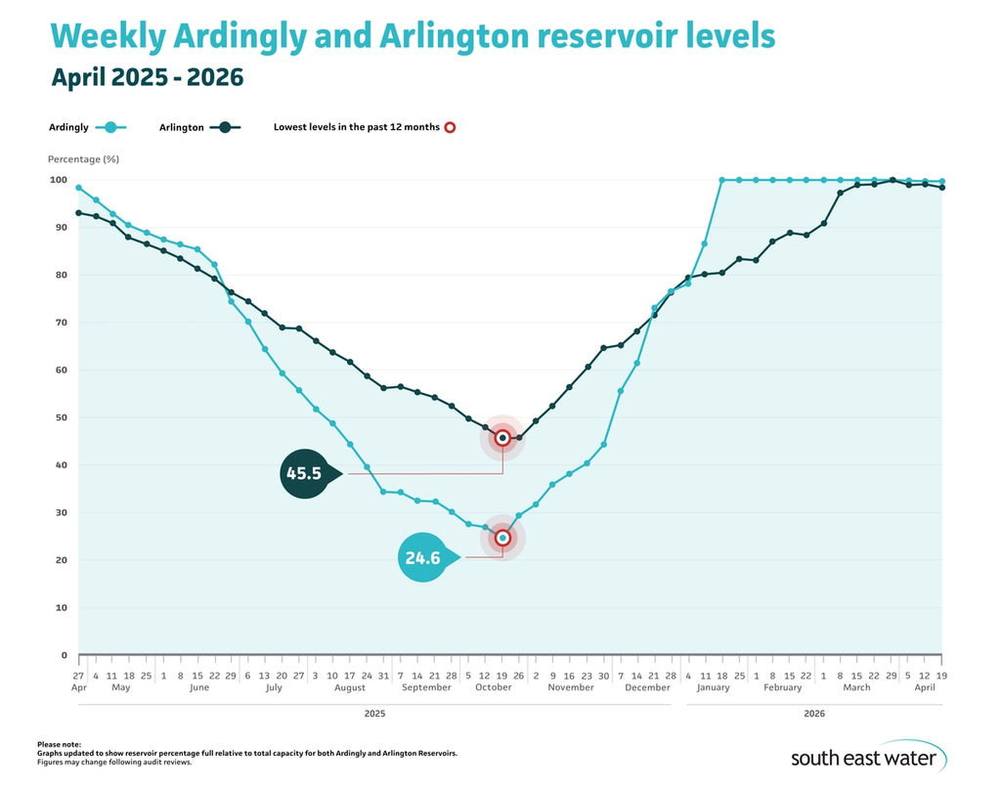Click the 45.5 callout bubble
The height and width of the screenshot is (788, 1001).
coord(308,473)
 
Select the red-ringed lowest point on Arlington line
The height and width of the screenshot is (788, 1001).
coord(502,438)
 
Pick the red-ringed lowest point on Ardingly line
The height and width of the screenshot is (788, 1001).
coord(502,538)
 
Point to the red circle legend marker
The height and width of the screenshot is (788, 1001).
coord(450,127)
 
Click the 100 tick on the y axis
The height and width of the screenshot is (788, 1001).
coord(57,180)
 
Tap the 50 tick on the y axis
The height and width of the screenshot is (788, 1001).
coord(60,417)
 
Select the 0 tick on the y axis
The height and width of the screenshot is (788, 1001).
coord(63,655)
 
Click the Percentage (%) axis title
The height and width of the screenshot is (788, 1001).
coord(83,158)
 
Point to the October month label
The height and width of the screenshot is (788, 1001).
coord(494,687)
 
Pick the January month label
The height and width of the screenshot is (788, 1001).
coord(713,687)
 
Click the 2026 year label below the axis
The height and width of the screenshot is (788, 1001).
coord(814,714)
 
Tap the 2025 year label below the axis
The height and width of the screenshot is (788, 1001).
coord(374,714)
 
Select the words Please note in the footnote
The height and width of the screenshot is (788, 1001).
coord(60,745)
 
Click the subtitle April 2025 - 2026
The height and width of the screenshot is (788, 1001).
coord(148,76)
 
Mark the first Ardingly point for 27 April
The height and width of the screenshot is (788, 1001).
coord(78,188)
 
